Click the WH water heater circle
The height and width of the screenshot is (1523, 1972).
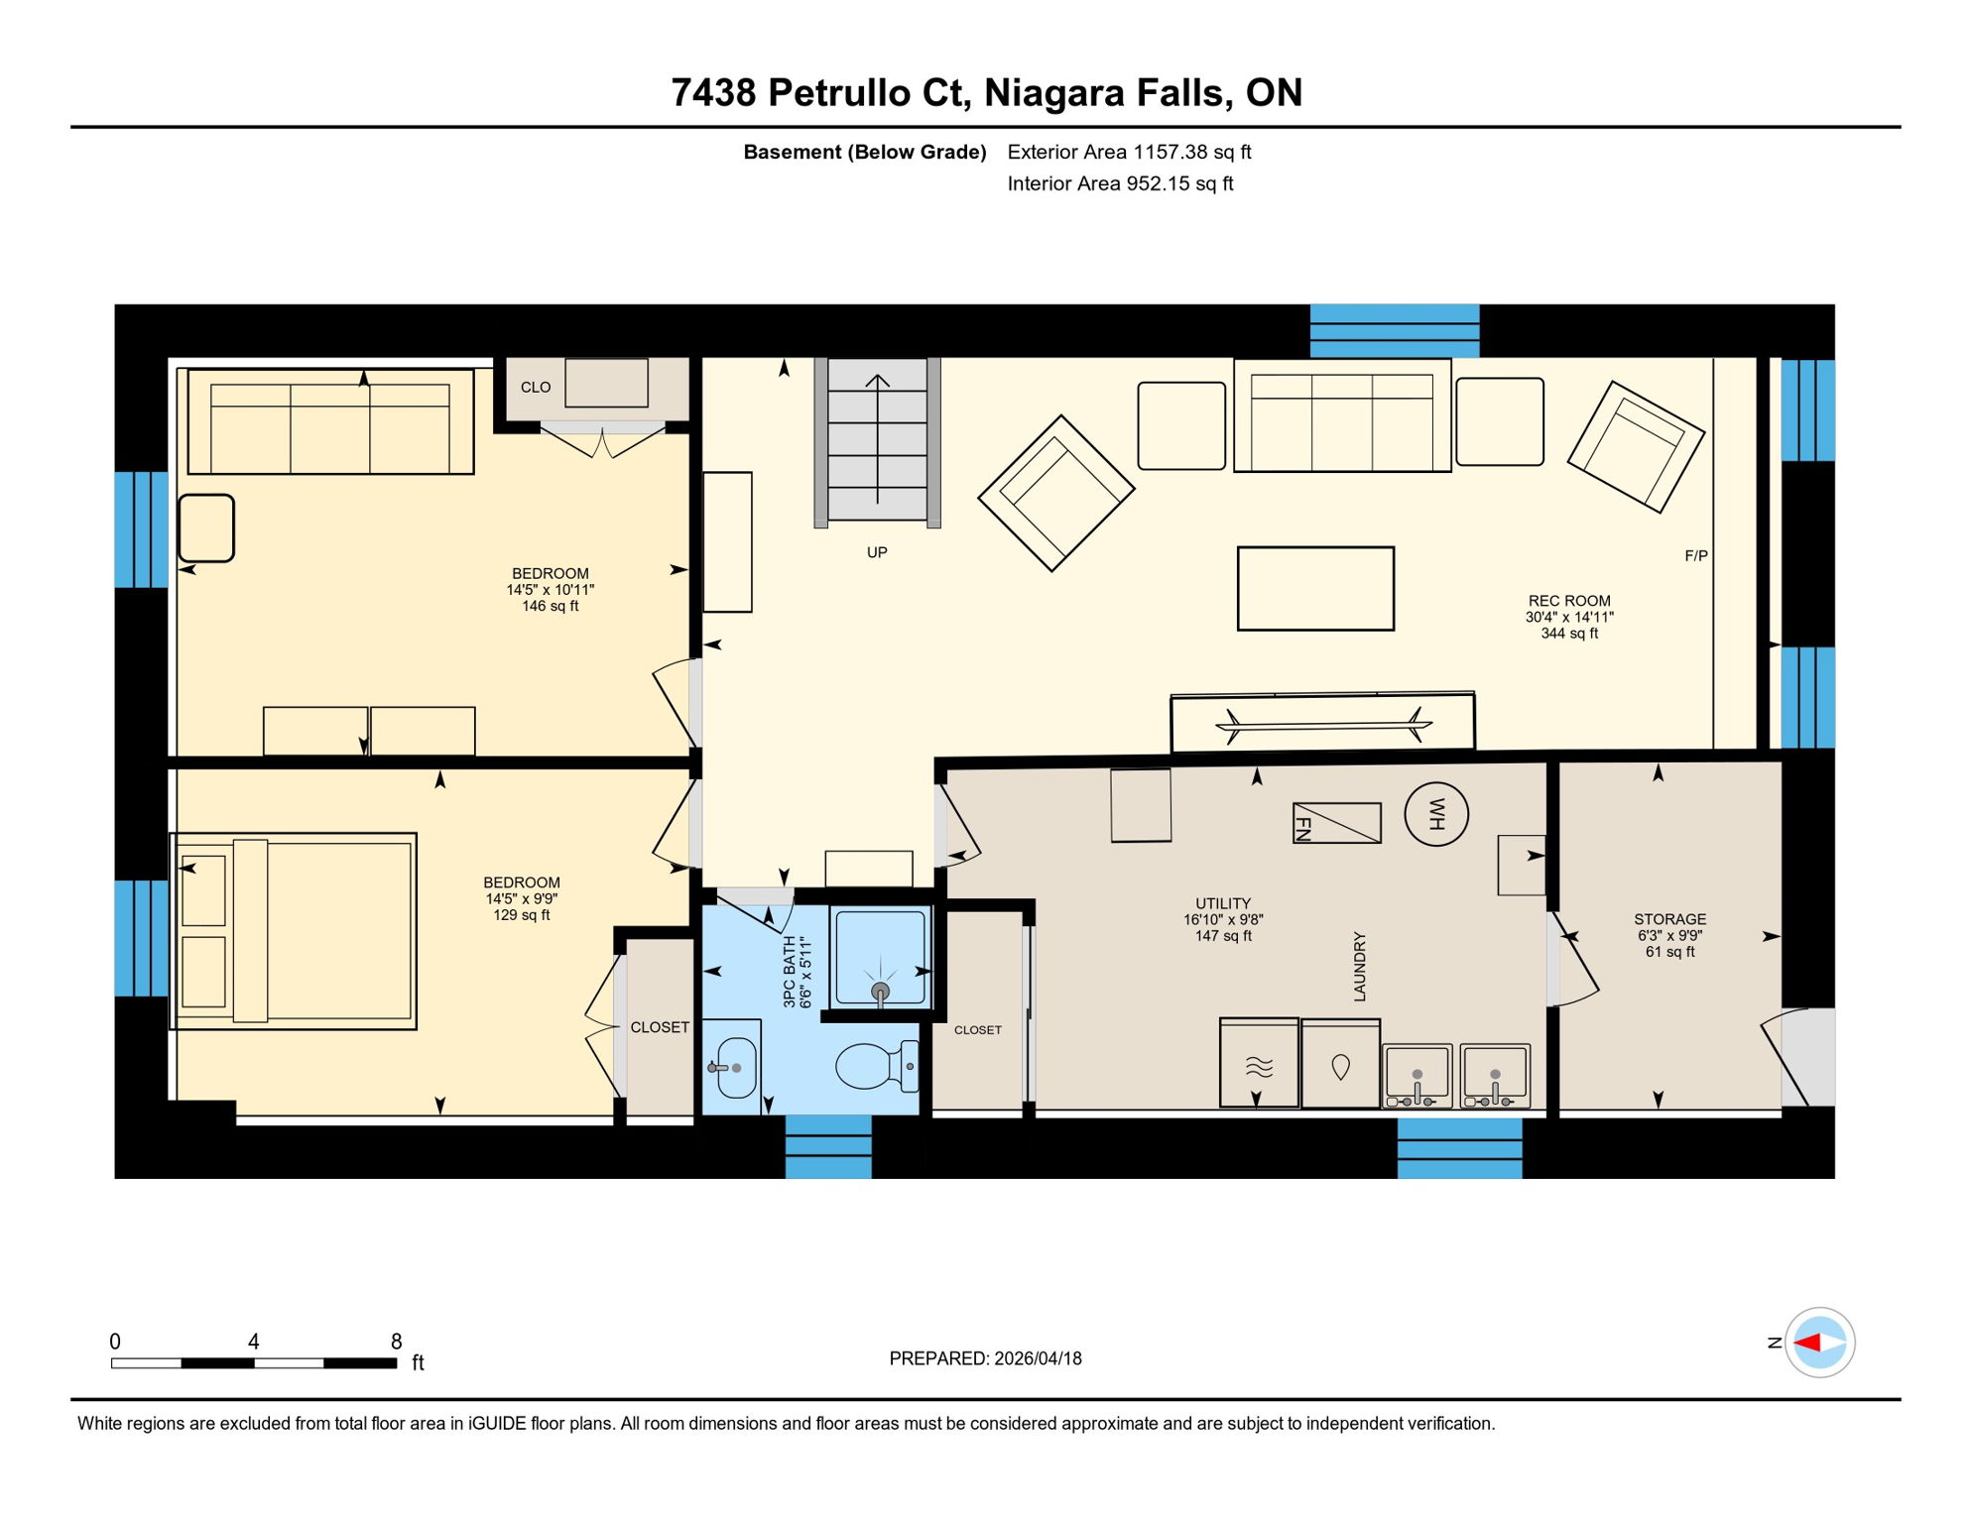(x=1435, y=814)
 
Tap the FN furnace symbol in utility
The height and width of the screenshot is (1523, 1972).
(x=1336, y=823)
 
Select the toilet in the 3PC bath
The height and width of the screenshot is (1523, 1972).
(x=872, y=1067)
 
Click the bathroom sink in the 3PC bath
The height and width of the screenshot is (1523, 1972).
(x=735, y=1068)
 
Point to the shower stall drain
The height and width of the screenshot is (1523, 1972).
(x=880, y=991)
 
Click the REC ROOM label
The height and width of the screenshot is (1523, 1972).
(x=1568, y=601)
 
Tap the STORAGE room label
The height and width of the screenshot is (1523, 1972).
(x=1669, y=919)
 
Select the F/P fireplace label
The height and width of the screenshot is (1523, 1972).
(x=1695, y=556)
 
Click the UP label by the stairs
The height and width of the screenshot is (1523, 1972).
(x=877, y=552)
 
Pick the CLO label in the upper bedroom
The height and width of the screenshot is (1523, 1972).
(x=536, y=388)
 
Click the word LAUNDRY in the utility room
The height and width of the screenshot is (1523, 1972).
(x=1360, y=966)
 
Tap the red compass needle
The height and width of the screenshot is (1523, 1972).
(x=1807, y=1343)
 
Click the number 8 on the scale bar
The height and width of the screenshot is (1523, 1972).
(x=396, y=1342)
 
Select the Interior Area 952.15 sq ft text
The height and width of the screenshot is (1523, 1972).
(x=1120, y=183)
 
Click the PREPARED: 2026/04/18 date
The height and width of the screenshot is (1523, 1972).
(x=985, y=1358)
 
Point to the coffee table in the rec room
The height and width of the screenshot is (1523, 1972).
(x=1315, y=589)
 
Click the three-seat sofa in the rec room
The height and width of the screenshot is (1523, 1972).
(x=1341, y=415)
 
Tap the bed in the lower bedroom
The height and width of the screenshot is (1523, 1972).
(x=294, y=931)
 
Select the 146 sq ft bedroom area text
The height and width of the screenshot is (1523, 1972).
(x=550, y=606)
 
